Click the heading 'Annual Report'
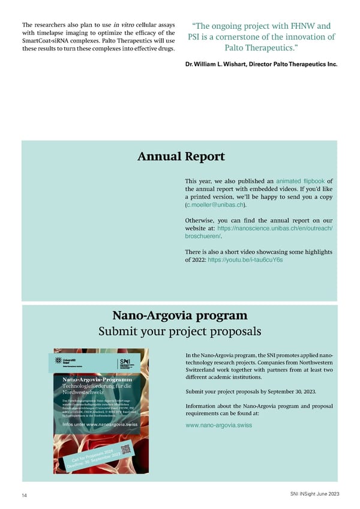click(x=181, y=157)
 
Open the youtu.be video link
click(x=245, y=261)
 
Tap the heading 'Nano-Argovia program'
click(x=179, y=315)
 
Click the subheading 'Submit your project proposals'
click(x=179, y=331)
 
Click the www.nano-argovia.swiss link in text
click(x=218, y=425)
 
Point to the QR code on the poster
click(x=125, y=450)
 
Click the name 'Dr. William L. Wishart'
click(x=220, y=64)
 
